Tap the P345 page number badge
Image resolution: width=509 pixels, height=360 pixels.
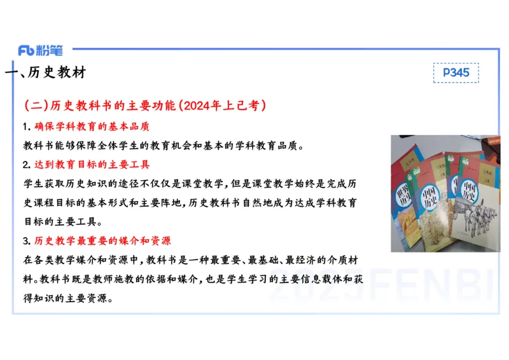tap(456, 73)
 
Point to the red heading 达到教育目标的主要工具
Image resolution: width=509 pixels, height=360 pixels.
tap(92, 164)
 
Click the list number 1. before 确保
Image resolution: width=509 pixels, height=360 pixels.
tap(27, 126)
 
